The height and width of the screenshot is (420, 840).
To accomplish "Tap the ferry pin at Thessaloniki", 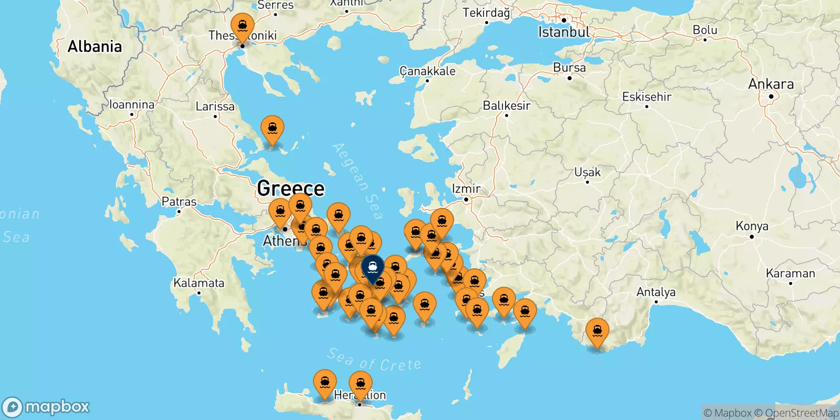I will click(x=243, y=26).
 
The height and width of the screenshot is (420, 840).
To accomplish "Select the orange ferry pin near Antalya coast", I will click(x=597, y=332).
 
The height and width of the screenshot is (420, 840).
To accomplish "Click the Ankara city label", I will click(x=771, y=84).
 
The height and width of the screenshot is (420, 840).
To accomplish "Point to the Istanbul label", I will click(x=564, y=33).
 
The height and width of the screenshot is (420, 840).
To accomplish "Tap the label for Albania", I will click(x=94, y=47).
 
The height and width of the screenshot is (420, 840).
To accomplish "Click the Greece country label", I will click(x=291, y=188).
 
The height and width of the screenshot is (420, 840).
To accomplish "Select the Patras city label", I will click(x=179, y=202).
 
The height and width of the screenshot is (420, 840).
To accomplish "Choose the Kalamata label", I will click(x=199, y=283).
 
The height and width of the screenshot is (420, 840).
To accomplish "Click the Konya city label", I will click(x=752, y=226).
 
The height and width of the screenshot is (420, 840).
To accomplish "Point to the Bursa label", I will click(x=569, y=68).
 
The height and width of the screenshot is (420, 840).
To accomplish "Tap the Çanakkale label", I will click(x=427, y=71).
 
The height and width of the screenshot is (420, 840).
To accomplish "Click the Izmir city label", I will click(x=466, y=188).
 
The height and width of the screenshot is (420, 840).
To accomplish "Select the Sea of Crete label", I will click(x=374, y=360).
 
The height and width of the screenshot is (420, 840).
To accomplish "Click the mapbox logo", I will click(x=46, y=407).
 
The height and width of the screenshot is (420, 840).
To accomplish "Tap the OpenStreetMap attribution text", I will click(x=802, y=413).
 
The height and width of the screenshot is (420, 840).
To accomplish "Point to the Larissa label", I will click(x=215, y=107).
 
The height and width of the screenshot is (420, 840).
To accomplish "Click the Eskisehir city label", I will click(x=646, y=97).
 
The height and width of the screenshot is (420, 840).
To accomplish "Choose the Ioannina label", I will click(x=132, y=105).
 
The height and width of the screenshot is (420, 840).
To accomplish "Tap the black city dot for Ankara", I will click(x=771, y=97).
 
